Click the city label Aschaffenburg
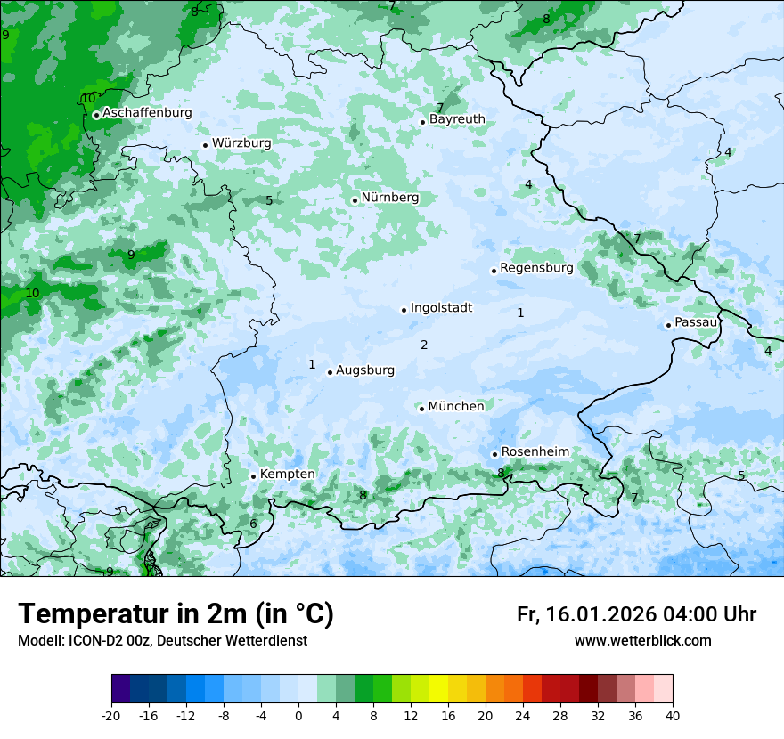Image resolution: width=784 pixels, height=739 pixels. click(x=147, y=113)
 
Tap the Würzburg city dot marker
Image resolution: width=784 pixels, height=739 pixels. click(x=205, y=145)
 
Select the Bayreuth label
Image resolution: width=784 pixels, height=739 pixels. click(x=457, y=119)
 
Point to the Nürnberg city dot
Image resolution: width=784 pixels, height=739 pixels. click(x=355, y=200)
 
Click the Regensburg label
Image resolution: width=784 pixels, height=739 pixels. click(x=536, y=268)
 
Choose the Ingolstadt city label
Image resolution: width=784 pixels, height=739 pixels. click(x=441, y=308)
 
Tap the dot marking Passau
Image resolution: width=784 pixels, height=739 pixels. click(x=668, y=325)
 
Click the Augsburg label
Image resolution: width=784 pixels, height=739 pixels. click(x=364, y=370)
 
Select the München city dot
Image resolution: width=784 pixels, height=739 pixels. click(x=421, y=409)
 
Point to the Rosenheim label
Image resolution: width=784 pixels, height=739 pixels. click(x=535, y=452)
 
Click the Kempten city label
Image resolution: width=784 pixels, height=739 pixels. click(x=287, y=475)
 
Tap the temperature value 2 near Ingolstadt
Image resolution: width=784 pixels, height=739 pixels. click(x=424, y=345)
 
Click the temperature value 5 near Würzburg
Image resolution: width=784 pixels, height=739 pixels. click(x=269, y=201)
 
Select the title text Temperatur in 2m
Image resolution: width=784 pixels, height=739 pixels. click(x=176, y=613)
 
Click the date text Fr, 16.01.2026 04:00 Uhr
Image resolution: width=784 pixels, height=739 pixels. click(x=636, y=614)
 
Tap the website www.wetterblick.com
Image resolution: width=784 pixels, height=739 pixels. click(x=642, y=641)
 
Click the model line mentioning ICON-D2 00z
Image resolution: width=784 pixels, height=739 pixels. click(x=162, y=641)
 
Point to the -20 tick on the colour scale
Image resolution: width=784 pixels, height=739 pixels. click(x=111, y=715)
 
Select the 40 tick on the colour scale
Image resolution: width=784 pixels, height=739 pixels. click(x=672, y=715)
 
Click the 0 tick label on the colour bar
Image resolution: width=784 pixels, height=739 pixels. click(x=298, y=715)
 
